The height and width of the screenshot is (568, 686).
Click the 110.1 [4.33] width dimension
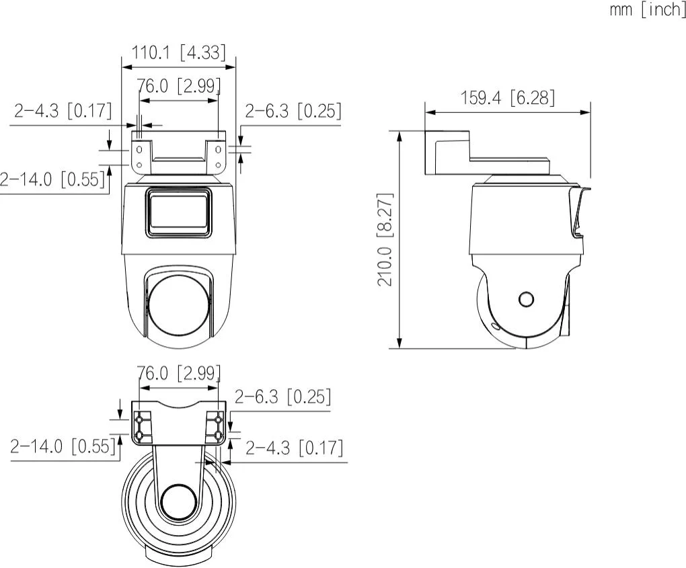click(x=178, y=53)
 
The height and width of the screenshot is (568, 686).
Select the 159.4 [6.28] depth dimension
click(x=507, y=98)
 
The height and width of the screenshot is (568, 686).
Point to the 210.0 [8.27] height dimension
click(x=385, y=240)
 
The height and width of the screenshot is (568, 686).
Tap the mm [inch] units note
click(x=647, y=11)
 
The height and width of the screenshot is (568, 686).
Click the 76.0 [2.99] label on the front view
click(x=178, y=87)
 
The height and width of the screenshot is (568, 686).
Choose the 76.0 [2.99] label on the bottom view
click(x=178, y=373)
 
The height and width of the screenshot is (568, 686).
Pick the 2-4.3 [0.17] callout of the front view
click(x=63, y=111)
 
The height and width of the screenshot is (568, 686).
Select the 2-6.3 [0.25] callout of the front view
click(x=293, y=111)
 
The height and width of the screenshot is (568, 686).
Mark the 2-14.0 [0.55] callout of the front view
click(x=52, y=179)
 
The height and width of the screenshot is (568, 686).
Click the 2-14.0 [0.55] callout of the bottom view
click(x=63, y=446)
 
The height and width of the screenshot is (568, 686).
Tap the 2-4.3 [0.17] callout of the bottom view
click(x=294, y=448)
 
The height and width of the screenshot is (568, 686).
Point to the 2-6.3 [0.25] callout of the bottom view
click(x=282, y=397)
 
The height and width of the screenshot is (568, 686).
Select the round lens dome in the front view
click(x=178, y=307)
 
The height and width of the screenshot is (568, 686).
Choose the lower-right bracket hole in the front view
click(x=219, y=163)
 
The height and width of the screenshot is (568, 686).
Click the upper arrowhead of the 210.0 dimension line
click(x=399, y=135)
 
